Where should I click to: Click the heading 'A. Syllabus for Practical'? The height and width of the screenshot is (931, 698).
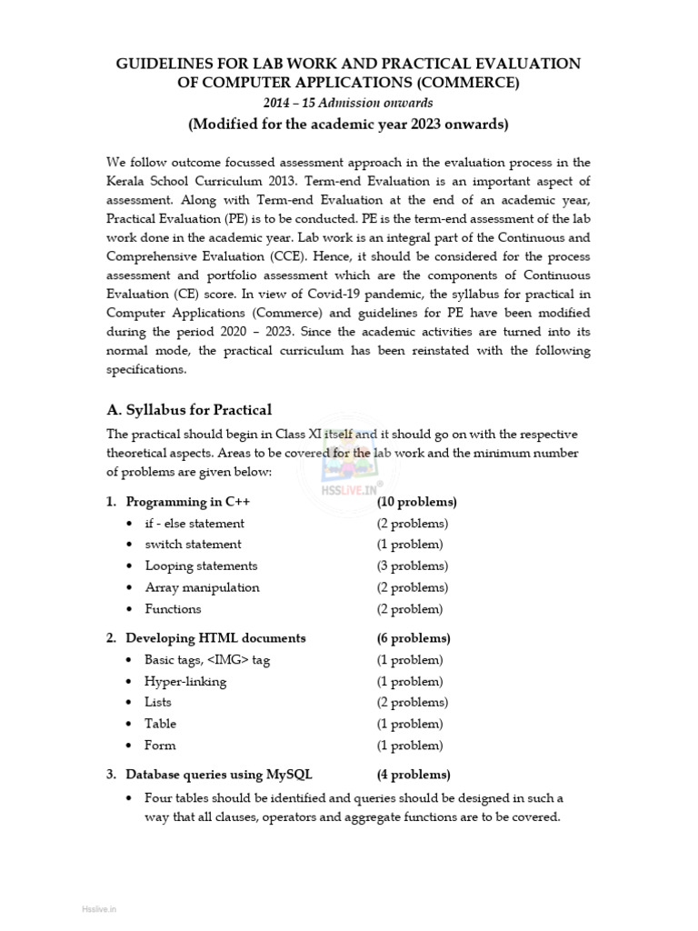189,409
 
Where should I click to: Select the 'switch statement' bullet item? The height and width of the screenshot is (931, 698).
193,545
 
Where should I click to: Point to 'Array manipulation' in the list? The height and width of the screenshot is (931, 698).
202,587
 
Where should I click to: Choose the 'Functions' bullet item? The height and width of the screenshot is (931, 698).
173,609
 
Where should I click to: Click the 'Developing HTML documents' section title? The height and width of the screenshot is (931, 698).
215,638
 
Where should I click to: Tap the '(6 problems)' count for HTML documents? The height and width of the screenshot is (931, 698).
414,638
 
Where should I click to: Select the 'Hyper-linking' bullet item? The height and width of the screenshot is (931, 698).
185,681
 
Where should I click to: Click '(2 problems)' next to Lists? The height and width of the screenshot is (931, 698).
413,703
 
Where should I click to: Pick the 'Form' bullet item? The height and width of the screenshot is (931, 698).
160,746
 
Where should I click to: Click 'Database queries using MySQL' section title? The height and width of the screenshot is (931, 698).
219,775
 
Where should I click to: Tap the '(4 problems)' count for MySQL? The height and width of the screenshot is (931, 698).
414,775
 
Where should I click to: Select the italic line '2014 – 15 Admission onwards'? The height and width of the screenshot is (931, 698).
348,103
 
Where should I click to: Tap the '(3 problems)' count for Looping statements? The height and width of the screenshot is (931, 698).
413,566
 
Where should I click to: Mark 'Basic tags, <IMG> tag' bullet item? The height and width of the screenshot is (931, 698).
207,660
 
